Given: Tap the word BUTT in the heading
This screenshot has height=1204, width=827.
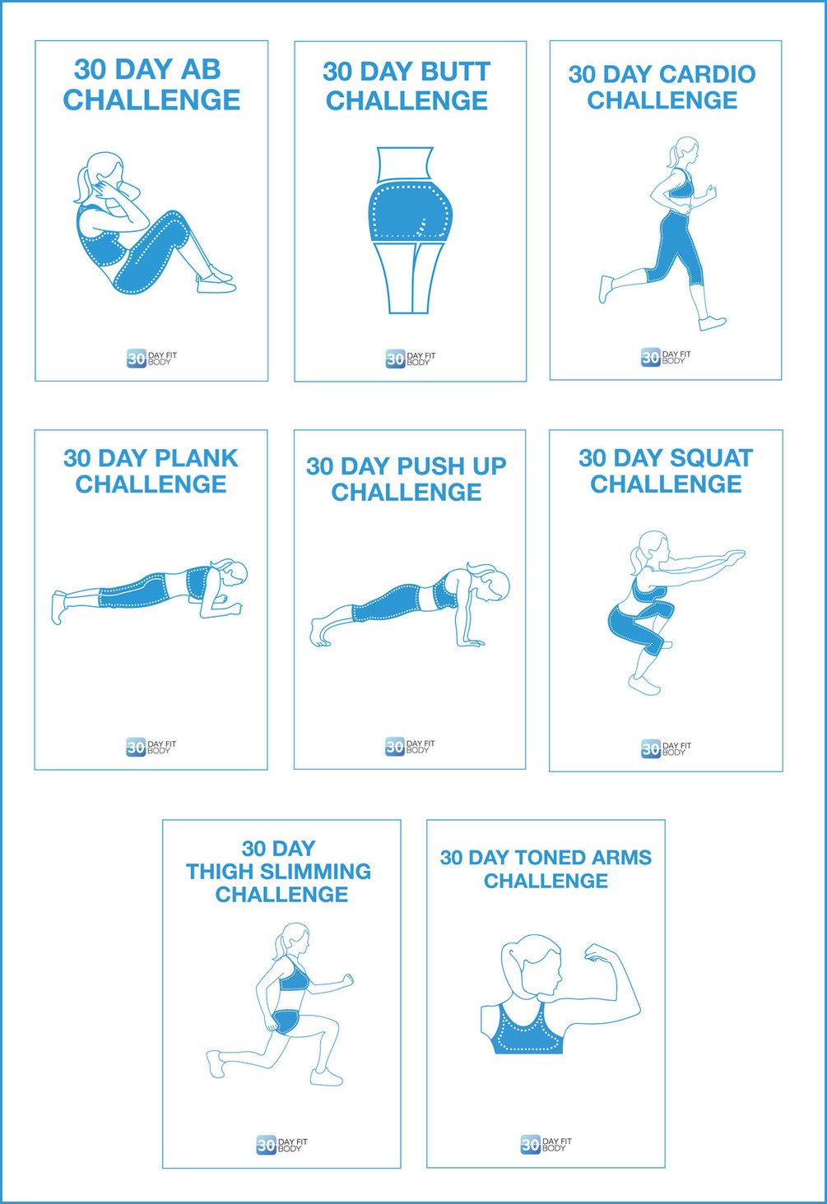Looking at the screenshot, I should click(x=452, y=72).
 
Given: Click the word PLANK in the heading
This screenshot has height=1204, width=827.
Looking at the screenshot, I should click(x=195, y=458).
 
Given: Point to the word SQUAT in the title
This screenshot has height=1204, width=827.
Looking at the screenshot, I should click(x=712, y=458).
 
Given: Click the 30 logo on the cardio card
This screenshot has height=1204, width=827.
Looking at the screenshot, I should click(x=650, y=357).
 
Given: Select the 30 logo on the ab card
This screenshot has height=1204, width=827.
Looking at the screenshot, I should click(x=136, y=359).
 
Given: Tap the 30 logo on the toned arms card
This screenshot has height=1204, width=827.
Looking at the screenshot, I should click(x=530, y=1144).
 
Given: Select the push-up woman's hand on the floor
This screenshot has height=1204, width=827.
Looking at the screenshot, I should click(x=469, y=641).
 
